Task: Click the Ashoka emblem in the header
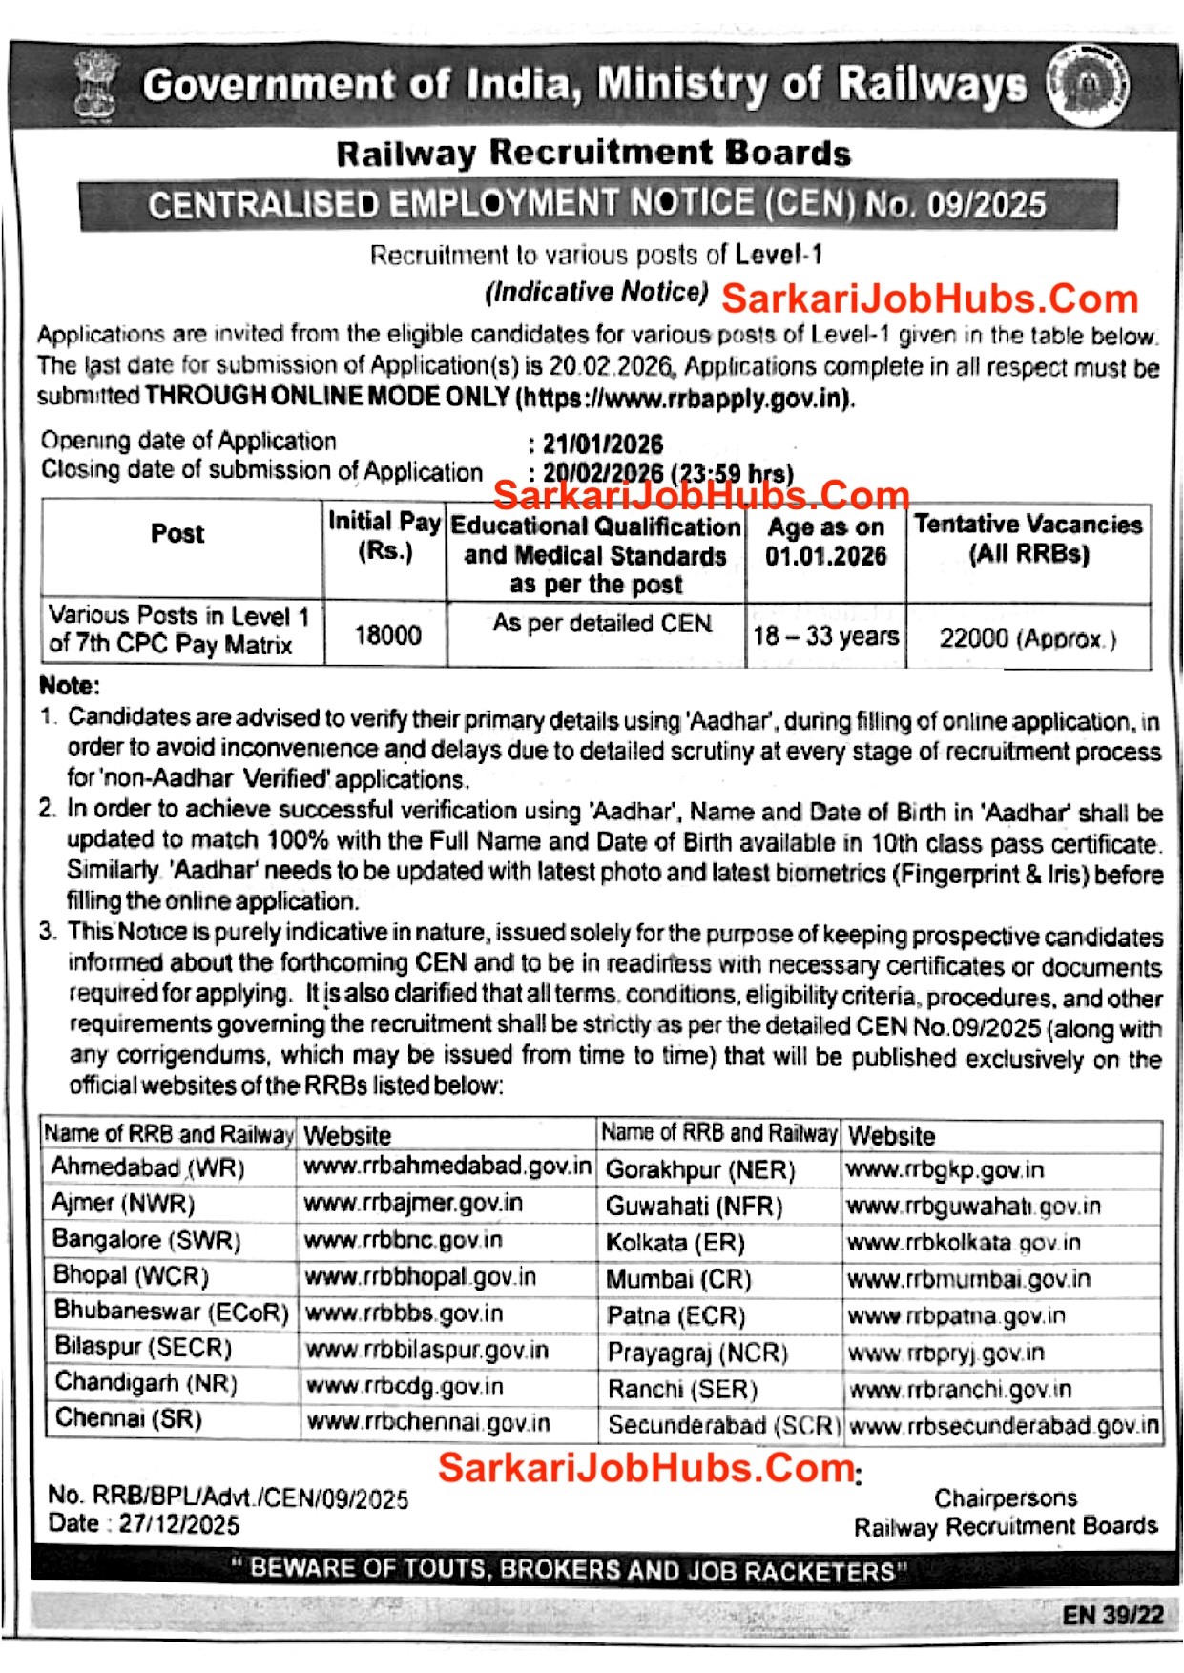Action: click(x=96, y=86)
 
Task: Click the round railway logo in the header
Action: click(x=1088, y=86)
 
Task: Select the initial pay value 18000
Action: click(x=387, y=634)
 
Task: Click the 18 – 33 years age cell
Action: click(x=826, y=635)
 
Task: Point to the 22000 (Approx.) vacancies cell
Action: click(x=1028, y=638)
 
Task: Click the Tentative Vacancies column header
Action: click(x=1028, y=538)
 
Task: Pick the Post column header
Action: click(x=177, y=533)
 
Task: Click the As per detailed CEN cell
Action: click(x=602, y=624)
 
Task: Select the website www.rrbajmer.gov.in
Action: click(x=413, y=1203)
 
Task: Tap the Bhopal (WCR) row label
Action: click(x=131, y=1275)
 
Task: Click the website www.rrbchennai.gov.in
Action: click(x=428, y=1422)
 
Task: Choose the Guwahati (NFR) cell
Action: click(x=694, y=1207)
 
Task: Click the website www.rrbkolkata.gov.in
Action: click(x=964, y=1243)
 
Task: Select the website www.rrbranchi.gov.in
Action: click(x=960, y=1390)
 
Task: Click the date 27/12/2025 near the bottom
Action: click(x=178, y=1524)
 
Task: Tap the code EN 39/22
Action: click(x=1112, y=1614)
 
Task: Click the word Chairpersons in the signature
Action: click(x=1006, y=1497)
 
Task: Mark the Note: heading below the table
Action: click(x=69, y=685)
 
